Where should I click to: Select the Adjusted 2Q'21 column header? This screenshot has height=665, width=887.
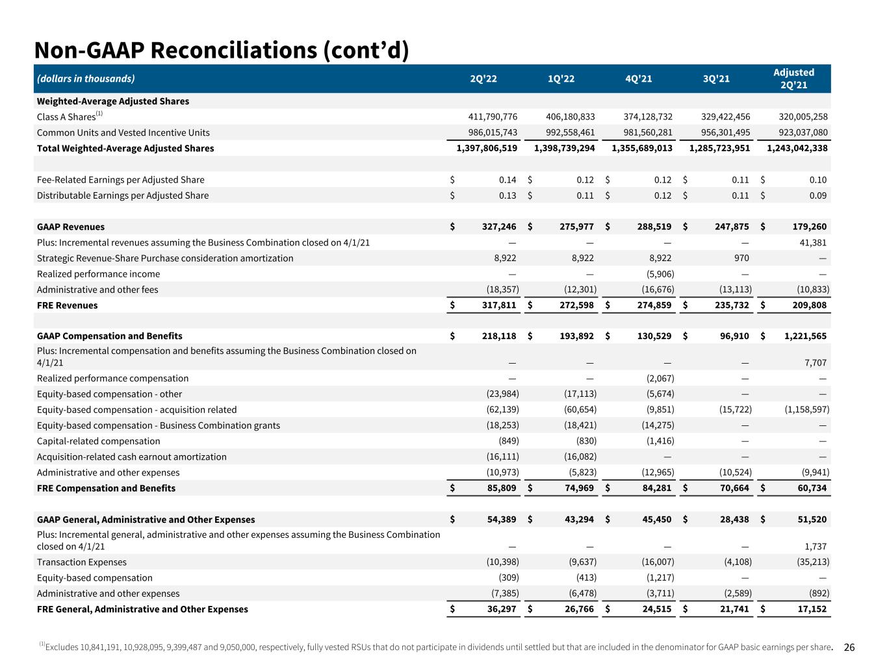tap(793, 79)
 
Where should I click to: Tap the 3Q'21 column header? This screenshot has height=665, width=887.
tap(716, 79)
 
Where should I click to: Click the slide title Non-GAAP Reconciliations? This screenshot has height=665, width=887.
tap(222, 50)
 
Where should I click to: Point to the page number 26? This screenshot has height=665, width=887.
tap(849, 647)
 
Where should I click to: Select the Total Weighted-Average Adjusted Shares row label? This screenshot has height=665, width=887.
tap(125, 148)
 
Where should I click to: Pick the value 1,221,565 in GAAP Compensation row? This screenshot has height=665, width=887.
tap(803, 336)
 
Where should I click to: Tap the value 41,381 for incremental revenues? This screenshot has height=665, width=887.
tap(811, 243)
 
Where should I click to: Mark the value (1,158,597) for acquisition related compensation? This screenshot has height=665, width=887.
tap(803, 410)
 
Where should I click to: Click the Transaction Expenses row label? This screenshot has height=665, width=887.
tap(82, 562)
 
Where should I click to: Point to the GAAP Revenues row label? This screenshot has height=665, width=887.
tap(71, 227)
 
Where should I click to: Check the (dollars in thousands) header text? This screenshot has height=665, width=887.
tap(86, 79)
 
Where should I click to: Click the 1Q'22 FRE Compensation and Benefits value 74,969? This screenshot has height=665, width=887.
tap(578, 488)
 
